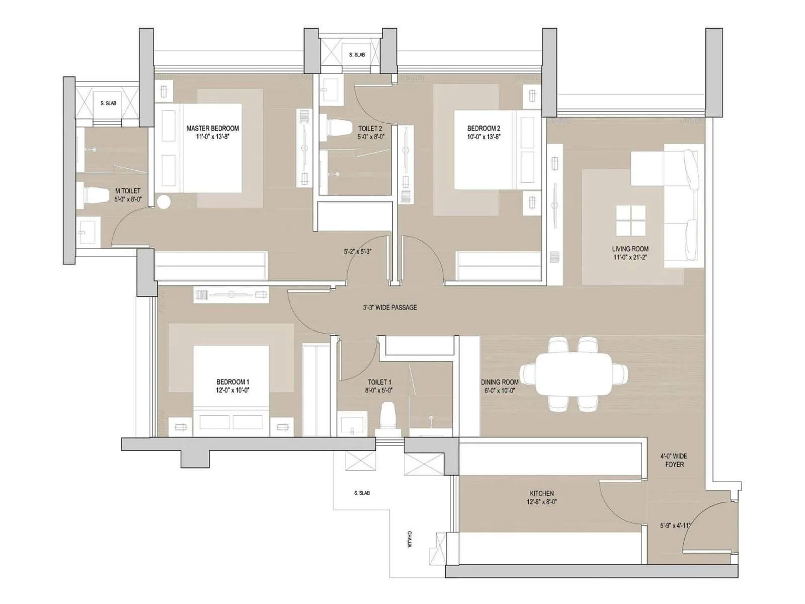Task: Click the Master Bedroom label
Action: pyautogui.click(x=212, y=128)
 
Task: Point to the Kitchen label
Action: pyautogui.click(x=541, y=493)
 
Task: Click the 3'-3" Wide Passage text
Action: pyautogui.click(x=390, y=307)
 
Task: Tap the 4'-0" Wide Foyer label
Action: pyautogui.click(x=674, y=460)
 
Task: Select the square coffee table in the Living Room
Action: pyautogui.click(x=631, y=220)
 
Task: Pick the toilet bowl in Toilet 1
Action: pyautogui.click(x=387, y=417)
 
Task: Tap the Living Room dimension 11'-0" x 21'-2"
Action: pyautogui.click(x=630, y=257)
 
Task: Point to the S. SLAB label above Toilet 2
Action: pyautogui.click(x=357, y=54)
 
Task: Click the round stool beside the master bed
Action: pyautogui.click(x=164, y=202)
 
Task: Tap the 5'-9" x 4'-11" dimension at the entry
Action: pyautogui.click(x=675, y=525)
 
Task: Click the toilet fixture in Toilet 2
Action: pyautogui.click(x=336, y=127)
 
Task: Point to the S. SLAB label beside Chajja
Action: pyautogui.click(x=361, y=493)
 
